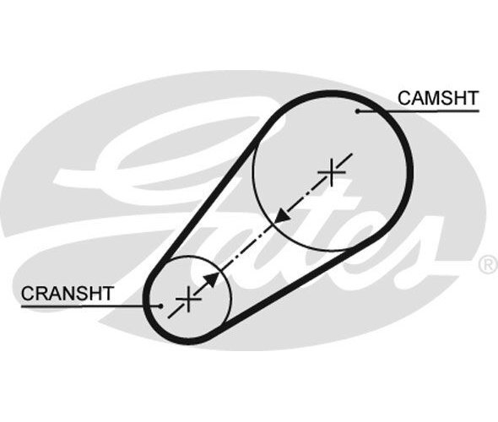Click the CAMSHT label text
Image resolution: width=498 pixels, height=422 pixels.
[438, 98]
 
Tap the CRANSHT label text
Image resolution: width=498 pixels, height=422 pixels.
[67, 294]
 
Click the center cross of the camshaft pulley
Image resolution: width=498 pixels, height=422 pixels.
[332, 172]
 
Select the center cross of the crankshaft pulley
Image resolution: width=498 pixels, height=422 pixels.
[188, 299]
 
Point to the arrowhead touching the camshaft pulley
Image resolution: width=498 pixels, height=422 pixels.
[282, 215]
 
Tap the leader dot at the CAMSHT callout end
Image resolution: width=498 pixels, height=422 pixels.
[358, 111]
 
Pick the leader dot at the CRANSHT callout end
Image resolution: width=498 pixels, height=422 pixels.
[160, 306]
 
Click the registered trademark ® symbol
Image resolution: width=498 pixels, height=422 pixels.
[488, 264]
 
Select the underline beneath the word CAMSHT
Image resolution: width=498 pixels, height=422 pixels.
[419, 111]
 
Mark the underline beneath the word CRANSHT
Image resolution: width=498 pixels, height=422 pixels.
[90, 306]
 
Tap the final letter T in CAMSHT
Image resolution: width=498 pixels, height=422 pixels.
[472, 98]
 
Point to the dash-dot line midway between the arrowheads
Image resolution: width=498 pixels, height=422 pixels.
[246, 247]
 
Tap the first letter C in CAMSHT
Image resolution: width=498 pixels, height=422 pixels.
[404, 98]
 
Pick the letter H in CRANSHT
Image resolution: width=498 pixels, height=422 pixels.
[94, 294]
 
